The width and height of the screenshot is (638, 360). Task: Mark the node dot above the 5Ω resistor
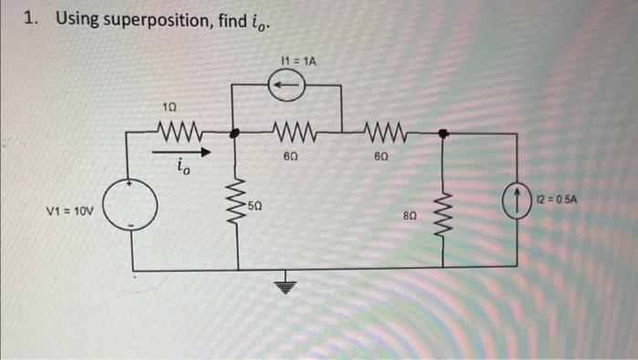coord(236,133)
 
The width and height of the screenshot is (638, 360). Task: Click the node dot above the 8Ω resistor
coord(443,133)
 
